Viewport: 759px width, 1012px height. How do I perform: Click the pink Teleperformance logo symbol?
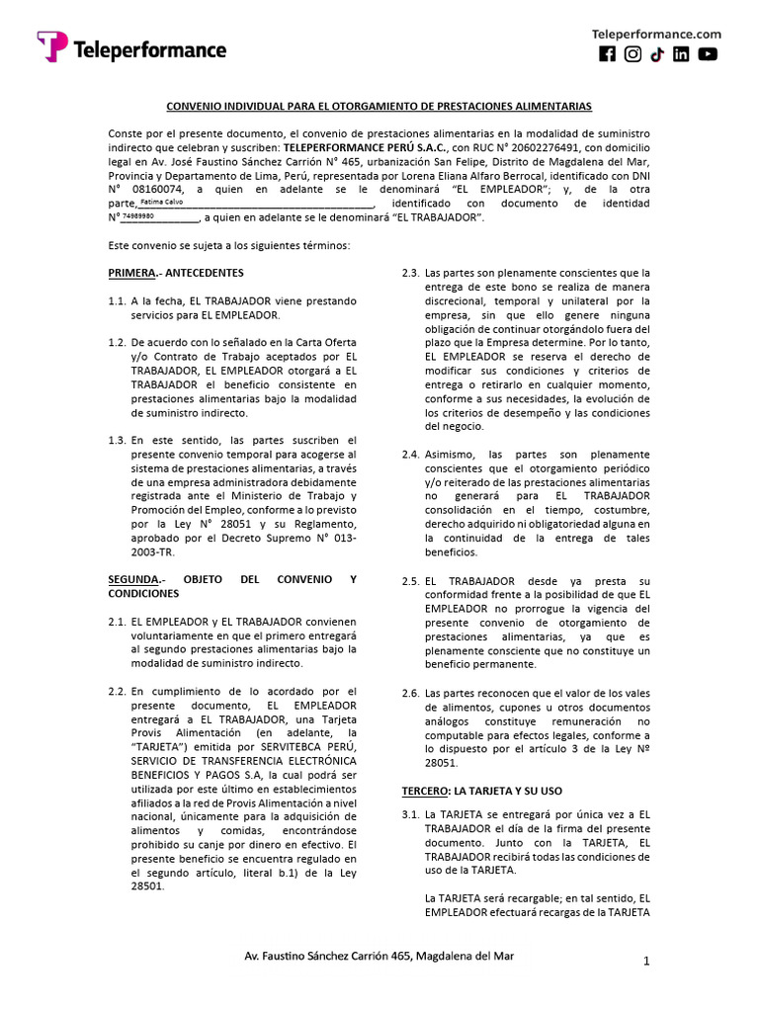[x=52, y=47]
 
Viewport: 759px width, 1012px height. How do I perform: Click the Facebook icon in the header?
[x=608, y=55]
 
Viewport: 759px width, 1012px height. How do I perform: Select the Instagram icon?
[x=632, y=55]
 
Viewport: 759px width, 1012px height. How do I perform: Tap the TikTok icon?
[x=657, y=55]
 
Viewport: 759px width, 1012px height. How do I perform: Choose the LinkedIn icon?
[x=682, y=55]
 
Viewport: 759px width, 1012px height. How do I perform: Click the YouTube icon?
[x=708, y=55]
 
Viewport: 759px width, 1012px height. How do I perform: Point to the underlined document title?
[x=379, y=105]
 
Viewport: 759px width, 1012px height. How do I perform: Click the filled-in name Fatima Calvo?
[x=161, y=202]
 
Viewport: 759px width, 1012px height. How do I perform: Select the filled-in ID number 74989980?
[x=138, y=215]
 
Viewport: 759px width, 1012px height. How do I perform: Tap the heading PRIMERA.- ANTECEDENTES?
[x=175, y=272]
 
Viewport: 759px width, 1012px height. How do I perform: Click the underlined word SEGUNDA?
[x=132, y=579]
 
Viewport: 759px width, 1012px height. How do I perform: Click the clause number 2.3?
[x=410, y=273]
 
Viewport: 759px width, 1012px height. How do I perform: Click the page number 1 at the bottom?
[x=645, y=961]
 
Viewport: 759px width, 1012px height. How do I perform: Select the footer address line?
[x=379, y=957]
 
